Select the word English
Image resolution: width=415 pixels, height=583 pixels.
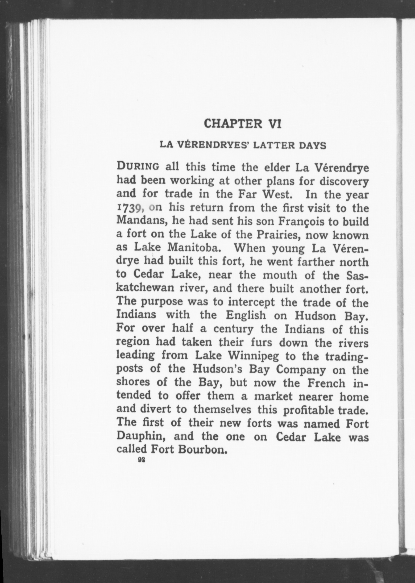coord(246,316)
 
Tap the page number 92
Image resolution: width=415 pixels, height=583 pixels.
coord(141,460)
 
